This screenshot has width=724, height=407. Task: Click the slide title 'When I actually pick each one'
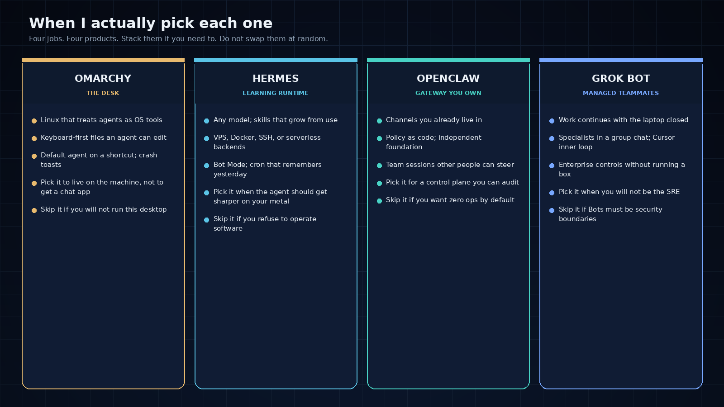pyautogui.click(x=151, y=23)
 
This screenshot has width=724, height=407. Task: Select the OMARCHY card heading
pyautogui.click(x=103, y=79)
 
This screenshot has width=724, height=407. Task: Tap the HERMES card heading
pyautogui.click(x=276, y=79)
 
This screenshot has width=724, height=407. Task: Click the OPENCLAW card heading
pyautogui.click(x=448, y=79)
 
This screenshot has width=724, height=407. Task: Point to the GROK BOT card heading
pyautogui.click(x=621, y=79)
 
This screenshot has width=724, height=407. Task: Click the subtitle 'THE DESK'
pyautogui.click(x=103, y=93)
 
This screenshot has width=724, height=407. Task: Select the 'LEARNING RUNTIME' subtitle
pyautogui.click(x=276, y=93)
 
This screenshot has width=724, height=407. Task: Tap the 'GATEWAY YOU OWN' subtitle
pyautogui.click(x=448, y=93)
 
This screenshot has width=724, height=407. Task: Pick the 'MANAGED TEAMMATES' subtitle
pyautogui.click(x=621, y=93)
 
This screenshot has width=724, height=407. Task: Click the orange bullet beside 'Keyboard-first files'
pyautogui.click(x=34, y=138)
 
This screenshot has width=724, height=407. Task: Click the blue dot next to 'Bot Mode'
pyautogui.click(x=206, y=166)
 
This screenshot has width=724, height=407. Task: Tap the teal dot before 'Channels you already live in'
pyautogui.click(x=380, y=121)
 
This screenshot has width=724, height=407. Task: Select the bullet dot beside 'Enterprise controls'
pyautogui.click(x=552, y=166)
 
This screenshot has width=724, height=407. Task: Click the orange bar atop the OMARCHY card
pyautogui.click(x=103, y=60)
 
